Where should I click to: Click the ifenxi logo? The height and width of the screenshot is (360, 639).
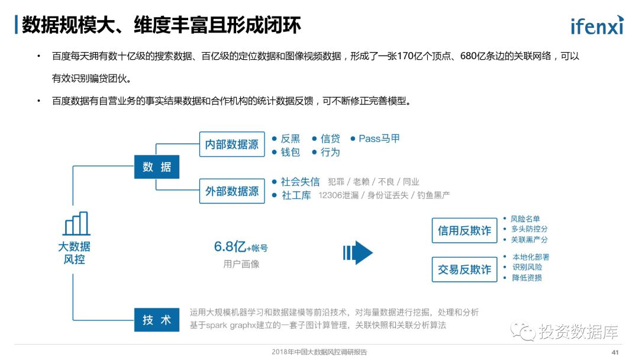coord(596,25)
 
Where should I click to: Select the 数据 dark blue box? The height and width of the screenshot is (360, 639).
coord(156,167)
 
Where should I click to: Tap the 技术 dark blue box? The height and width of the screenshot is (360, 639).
coord(156,320)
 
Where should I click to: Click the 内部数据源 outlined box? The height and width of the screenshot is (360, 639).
coord(231,144)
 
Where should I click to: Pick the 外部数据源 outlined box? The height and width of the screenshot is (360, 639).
coord(231,191)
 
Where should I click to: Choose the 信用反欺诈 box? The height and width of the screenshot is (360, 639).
coord(464,230)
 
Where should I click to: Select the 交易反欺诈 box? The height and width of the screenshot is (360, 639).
coord(464,270)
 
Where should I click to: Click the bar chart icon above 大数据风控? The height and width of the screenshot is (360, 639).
coord(76,224)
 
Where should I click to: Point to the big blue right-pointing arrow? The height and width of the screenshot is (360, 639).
coord(359,253)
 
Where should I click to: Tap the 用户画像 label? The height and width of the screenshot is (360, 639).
coord(241,264)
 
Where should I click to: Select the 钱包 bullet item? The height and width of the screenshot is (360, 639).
coord(290,152)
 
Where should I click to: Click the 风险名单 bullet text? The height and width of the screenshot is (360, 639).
coord(525,219)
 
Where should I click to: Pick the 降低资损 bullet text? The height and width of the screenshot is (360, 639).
coord(527,278)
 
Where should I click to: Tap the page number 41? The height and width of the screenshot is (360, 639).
coord(615,352)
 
